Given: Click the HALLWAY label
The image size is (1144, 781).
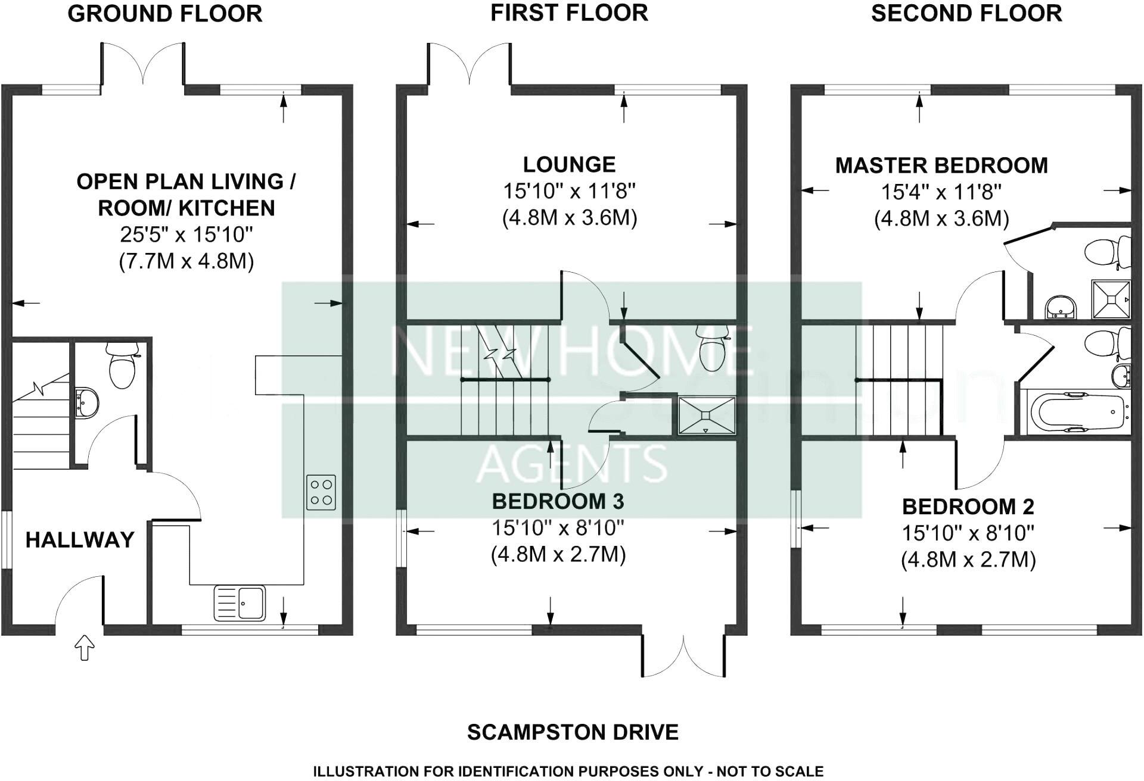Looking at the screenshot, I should coord(80,540).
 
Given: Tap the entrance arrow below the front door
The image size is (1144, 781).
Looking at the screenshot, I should coord(85,648).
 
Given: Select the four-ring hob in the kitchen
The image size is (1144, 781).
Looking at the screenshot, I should coord(321,492).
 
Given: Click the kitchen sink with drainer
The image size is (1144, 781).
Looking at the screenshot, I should coord(240,602).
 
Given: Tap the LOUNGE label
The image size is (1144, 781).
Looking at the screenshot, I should coord(569,164).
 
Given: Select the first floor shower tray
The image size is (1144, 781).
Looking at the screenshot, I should coord(706,416).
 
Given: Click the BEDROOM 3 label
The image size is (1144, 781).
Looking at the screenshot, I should coord(558,501).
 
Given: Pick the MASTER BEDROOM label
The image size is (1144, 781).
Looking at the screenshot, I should coord(941,165).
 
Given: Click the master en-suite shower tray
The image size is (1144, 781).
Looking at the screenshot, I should coord(1111,300).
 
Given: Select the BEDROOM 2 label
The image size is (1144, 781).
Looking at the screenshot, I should coord(968,507).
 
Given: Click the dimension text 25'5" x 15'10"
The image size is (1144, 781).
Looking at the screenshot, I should coord(186,235).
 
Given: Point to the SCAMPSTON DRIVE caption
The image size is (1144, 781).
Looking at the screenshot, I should coord(573,732).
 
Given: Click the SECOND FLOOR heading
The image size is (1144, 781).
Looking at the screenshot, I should coord(966,13).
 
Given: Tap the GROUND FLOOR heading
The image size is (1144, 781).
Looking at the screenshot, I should coord(165,13).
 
